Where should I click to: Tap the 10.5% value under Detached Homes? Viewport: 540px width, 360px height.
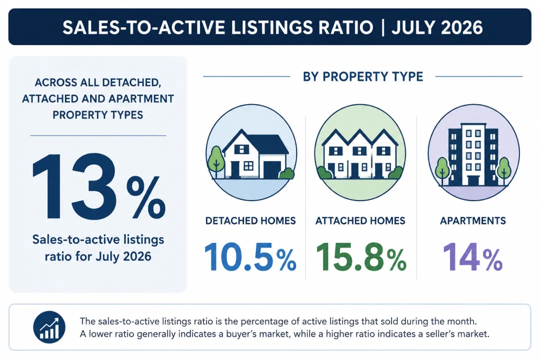tap(250, 257)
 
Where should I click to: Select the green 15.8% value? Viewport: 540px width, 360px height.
tap(361, 257)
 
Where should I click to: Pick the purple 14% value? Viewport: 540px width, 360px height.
tap(472, 257)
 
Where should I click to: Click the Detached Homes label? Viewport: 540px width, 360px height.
tap(250, 220)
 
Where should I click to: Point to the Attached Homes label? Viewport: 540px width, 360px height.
tap(360, 220)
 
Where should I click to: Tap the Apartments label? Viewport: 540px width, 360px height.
tap(473, 220)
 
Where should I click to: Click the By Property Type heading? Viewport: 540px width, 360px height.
tap(363, 76)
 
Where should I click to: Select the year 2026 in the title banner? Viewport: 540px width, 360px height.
tap(461, 27)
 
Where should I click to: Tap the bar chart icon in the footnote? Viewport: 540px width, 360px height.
tap(49, 327)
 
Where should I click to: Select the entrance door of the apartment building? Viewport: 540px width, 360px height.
tap(473, 180)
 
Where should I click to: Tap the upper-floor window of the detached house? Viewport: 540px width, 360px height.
tap(241, 149)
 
